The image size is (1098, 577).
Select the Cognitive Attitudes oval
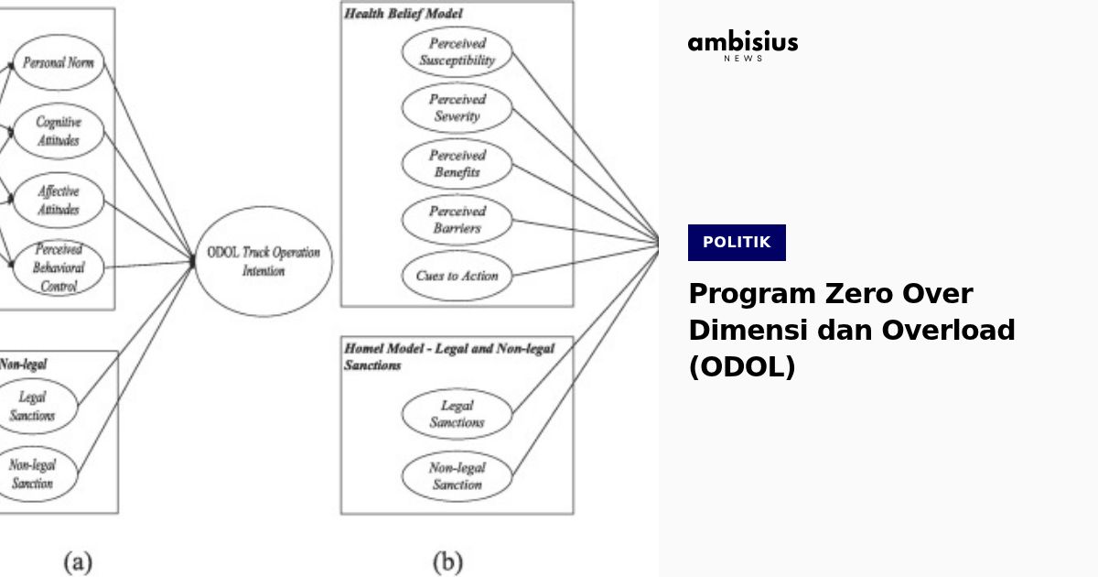click(59, 131)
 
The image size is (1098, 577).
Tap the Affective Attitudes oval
click(59, 201)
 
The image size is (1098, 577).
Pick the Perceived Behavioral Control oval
click(59, 267)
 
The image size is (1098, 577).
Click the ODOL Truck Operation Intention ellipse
click(264, 261)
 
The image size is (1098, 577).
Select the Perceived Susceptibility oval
click(457, 52)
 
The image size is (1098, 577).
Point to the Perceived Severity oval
click(457, 108)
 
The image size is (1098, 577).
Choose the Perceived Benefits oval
click(457, 164)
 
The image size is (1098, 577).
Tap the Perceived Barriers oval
click(457, 220)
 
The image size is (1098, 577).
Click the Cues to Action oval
click(457, 276)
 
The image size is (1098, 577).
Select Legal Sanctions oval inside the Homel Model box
click(457, 414)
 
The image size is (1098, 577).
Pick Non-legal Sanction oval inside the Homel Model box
click(457, 475)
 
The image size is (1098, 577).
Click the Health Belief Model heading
click(404, 14)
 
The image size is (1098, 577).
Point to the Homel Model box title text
click(448, 356)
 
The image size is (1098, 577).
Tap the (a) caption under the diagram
click(77, 561)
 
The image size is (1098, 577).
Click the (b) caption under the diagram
click(447, 561)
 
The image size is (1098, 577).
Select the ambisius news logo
click(742, 46)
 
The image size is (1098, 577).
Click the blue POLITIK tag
click(737, 243)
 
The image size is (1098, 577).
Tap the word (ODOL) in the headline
click(741, 366)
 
